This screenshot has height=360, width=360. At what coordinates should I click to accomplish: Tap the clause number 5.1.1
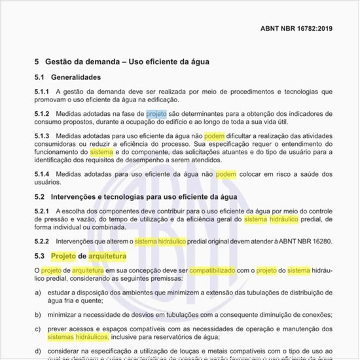[43, 92]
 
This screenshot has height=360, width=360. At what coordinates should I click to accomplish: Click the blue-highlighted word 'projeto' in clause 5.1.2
[156, 114]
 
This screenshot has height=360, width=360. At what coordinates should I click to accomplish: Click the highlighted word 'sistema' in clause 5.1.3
[101, 151]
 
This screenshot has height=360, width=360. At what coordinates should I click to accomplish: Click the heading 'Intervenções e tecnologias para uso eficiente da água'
[145, 196]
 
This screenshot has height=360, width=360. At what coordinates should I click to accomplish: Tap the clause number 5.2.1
[43, 211]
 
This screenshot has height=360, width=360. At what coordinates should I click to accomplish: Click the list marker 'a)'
[38, 292]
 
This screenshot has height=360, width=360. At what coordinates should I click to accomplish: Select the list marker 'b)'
[38, 314]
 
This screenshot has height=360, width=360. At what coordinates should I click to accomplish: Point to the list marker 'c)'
[38, 329]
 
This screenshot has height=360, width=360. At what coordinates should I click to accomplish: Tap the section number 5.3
[40, 256]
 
